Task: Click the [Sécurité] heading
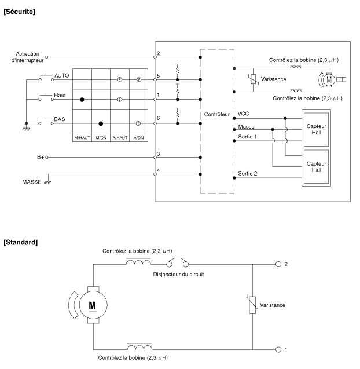pyautogui.click(x=19, y=12)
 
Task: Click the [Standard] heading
pyautogui.click(x=21, y=242)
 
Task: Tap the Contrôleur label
pyautogui.click(x=216, y=114)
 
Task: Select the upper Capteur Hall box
pyautogui.click(x=316, y=129)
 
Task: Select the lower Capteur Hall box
pyautogui.click(x=316, y=167)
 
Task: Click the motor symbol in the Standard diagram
pyautogui.click(x=93, y=305)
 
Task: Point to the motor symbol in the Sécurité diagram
pyautogui.click(x=329, y=80)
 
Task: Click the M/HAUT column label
pyautogui.click(x=82, y=138)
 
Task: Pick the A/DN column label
pyautogui.click(x=138, y=138)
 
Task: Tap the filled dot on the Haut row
pyautogui.click(x=82, y=100)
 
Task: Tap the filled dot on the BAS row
pyautogui.click(x=101, y=123)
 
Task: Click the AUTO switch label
pyautogui.click(x=61, y=75)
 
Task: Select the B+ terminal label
pyautogui.click(x=41, y=157)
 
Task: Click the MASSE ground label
pyautogui.click(x=31, y=182)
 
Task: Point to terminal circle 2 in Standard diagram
pyautogui.click(x=278, y=264)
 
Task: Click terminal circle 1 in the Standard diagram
pyautogui.click(x=278, y=350)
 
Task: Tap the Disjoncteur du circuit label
pyautogui.click(x=178, y=275)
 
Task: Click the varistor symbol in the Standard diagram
pyautogui.click(x=252, y=305)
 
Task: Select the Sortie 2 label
pyautogui.click(x=248, y=174)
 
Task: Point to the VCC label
pyautogui.click(x=243, y=114)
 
